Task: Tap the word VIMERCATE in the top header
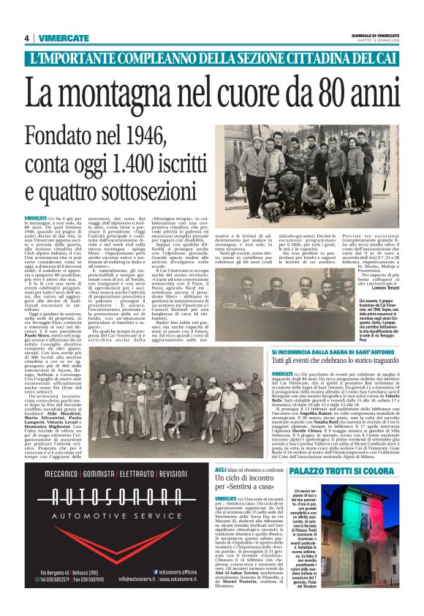click(59, 38)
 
